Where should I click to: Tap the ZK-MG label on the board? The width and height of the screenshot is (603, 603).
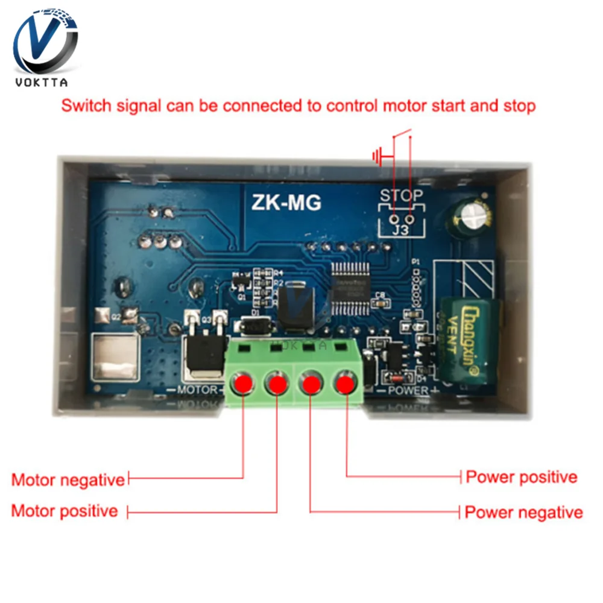click(x=286, y=203)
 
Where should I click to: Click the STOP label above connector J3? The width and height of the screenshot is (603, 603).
click(x=401, y=196)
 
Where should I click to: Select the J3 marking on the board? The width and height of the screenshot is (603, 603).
click(x=401, y=229)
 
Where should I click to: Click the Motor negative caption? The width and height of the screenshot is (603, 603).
click(x=68, y=480)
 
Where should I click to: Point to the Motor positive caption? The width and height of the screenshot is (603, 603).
click(x=65, y=511)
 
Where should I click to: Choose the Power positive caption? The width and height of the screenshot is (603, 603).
click(x=522, y=477)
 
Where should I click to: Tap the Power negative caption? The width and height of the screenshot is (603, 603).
click(x=523, y=513)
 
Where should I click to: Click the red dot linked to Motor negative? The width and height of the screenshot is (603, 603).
click(x=243, y=384)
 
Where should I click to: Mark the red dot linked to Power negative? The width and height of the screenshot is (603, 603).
click(x=311, y=384)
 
